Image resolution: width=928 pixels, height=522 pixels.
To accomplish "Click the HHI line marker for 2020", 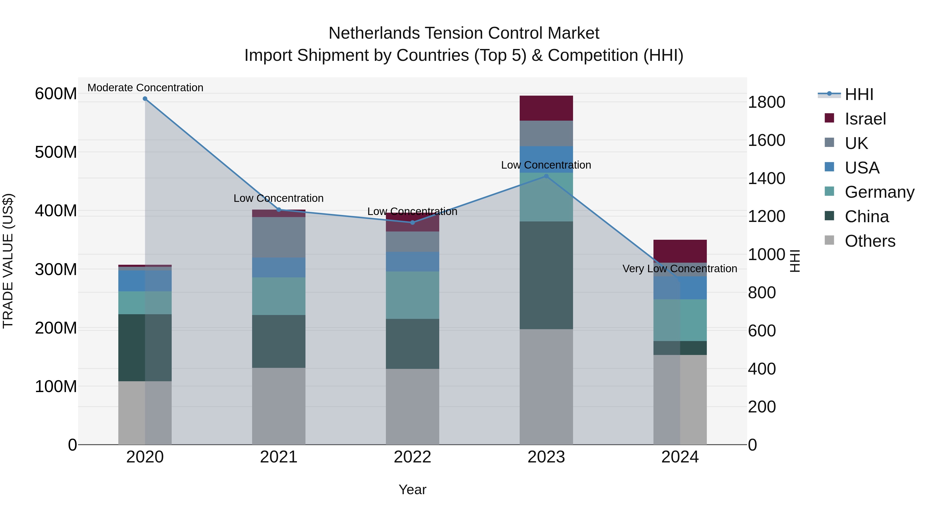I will (x=145, y=98).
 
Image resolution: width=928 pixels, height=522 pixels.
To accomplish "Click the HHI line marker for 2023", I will (x=546, y=176).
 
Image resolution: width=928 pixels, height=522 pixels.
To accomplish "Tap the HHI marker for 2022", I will (x=412, y=222).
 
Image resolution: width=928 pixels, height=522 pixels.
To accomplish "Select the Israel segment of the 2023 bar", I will (x=546, y=108).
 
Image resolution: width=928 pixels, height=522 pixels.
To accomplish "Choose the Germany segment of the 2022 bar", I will (x=412, y=295).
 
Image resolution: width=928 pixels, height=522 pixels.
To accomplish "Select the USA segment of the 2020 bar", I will (x=145, y=281).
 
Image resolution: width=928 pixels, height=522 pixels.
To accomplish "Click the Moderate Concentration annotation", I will (x=145, y=88).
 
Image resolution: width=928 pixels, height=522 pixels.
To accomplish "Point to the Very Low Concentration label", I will (x=680, y=268).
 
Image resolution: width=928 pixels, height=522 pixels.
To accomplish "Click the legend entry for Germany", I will (x=879, y=192).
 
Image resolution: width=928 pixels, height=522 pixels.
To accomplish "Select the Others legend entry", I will (x=870, y=241).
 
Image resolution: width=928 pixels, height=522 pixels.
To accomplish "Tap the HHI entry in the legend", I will (x=859, y=94).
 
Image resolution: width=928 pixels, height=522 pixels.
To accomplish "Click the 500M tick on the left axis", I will (x=56, y=152).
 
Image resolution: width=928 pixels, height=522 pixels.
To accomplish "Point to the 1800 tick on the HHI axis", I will (x=766, y=102).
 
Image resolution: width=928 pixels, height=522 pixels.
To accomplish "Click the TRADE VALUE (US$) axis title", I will (x=8, y=261).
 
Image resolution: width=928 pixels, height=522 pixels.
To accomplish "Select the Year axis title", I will (x=412, y=490).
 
